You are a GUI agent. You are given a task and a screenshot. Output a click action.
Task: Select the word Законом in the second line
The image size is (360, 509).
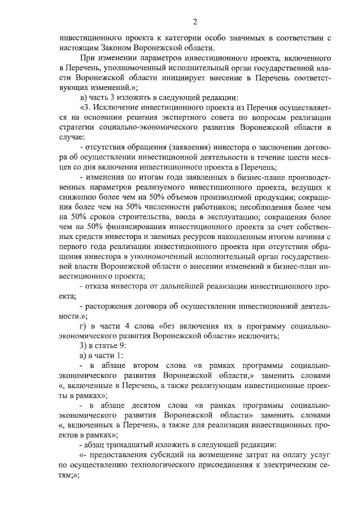tap(120, 48)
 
